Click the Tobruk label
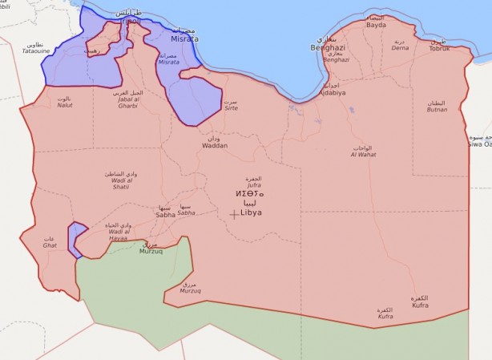(439, 48)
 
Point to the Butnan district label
(437, 108)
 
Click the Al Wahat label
(362, 155)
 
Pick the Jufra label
(254, 184)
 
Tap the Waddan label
(215, 145)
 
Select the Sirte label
(231, 107)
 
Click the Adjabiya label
(331, 92)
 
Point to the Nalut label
(64, 105)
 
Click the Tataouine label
(34, 51)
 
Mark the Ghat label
(50, 245)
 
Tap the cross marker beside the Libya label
(234, 213)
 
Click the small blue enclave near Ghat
(76, 237)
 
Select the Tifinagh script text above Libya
(249, 194)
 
